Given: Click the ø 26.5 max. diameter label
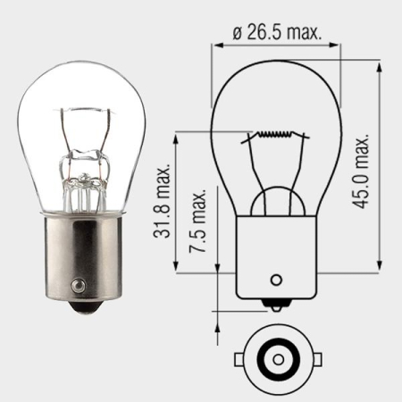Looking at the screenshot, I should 277,32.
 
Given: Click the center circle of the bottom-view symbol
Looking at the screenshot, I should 278,359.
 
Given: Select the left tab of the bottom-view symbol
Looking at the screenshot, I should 240,360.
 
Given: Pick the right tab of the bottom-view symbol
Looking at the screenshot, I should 315,360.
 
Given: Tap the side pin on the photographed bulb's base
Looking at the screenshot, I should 79,286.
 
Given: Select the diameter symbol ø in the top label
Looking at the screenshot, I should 238,32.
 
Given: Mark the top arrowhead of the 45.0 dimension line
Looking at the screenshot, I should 380,65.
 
